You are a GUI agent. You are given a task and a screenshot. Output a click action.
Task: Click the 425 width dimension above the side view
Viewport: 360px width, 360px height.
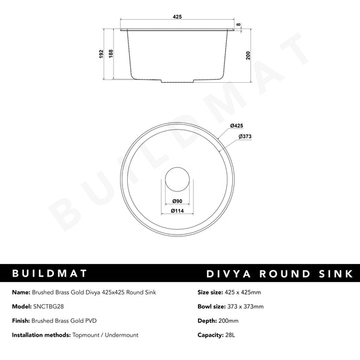coord(177,18)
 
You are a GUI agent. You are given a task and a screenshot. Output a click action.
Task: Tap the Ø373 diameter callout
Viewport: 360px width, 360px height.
coord(244,137)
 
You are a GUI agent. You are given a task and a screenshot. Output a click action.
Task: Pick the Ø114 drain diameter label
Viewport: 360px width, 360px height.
coord(177,211)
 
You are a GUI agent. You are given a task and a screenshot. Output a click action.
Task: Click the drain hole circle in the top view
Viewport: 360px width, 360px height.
coord(177,178)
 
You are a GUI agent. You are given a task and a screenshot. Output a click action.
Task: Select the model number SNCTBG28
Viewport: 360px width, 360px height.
coord(53,306)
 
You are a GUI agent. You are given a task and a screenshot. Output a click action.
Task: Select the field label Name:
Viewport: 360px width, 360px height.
coord(22,292)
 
